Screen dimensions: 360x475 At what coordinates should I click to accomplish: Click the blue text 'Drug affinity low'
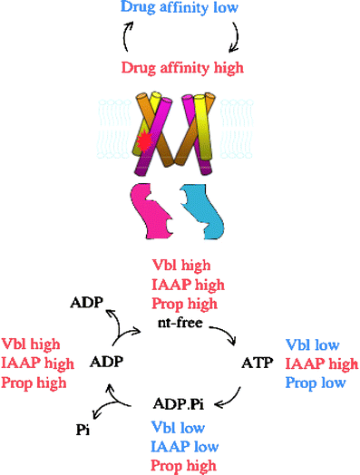(180, 9)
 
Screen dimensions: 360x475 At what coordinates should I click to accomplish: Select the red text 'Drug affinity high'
(179, 68)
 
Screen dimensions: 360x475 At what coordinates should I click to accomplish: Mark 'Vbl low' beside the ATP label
(314, 345)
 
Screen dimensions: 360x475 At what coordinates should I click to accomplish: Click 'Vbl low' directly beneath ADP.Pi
(180, 427)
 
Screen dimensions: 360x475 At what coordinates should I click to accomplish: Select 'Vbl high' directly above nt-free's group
(181, 266)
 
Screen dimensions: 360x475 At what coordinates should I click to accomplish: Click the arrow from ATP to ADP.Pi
(234, 392)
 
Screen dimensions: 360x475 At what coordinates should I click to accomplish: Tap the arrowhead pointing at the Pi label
(95, 419)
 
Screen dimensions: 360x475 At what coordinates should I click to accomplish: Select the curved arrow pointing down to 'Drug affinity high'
(236, 36)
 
